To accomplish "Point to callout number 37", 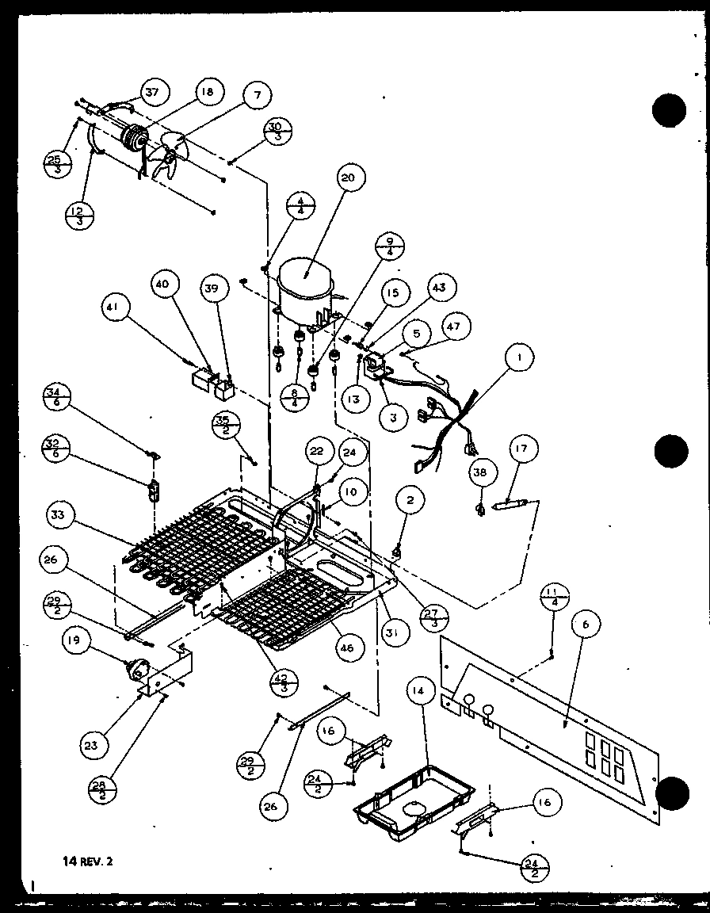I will (x=151, y=92).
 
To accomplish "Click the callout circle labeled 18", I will (x=207, y=93).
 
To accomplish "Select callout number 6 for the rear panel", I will (x=585, y=625).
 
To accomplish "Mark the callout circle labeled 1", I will (x=518, y=358).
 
